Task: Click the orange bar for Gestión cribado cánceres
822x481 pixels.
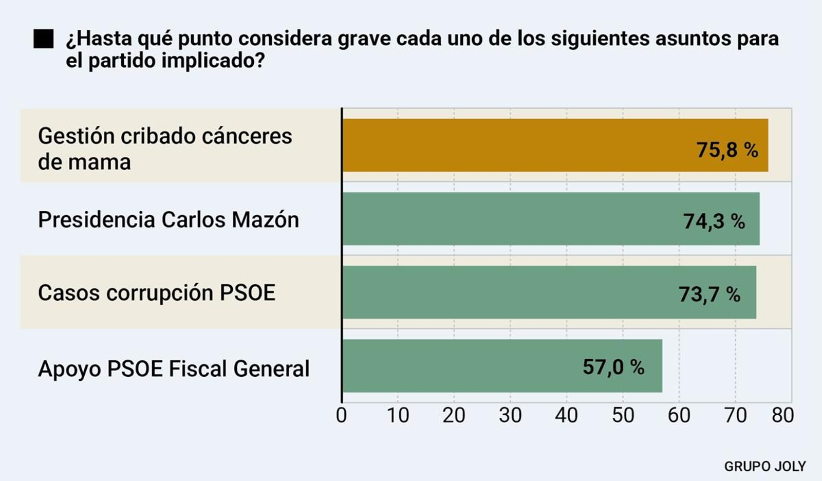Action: click(x=514, y=145)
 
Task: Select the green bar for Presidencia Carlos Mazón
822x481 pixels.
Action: click(x=514, y=219)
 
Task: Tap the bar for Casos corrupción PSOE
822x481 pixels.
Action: click(x=514, y=292)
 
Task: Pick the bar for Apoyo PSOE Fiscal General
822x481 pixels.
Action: click(x=462, y=366)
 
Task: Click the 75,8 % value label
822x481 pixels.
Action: click(x=727, y=150)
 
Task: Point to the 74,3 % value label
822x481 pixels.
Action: click(x=714, y=221)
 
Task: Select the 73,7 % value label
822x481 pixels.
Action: click(x=709, y=294)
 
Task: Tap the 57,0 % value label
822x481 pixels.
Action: click(x=613, y=367)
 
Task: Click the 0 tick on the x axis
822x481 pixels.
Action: click(x=342, y=415)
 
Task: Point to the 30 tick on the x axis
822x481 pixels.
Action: click(x=510, y=415)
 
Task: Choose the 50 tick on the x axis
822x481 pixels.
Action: click(x=623, y=415)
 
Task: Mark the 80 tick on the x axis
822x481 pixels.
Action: click(x=782, y=415)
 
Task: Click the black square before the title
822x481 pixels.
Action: click(x=44, y=39)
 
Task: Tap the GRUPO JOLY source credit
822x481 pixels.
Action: click(x=764, y=466)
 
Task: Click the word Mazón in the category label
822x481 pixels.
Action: click(x=265, y=220)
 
